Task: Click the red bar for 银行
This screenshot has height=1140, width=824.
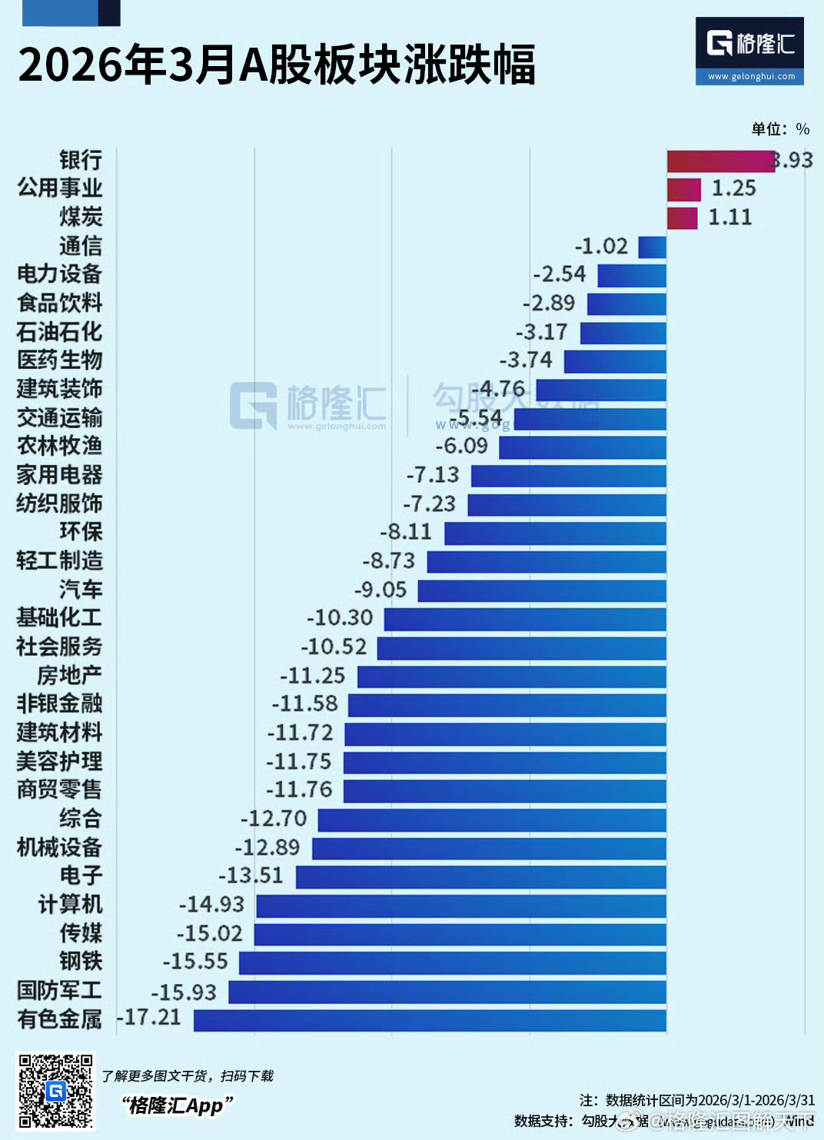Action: click(x=720, y=161)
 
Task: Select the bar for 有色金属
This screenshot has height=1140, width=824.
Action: click(x=430, y=1020)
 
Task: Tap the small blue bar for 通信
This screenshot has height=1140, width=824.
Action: click(x=653, y=247)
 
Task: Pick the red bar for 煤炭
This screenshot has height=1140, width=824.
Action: click(x=682, y=218)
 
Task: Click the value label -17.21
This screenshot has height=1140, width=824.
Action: click(x=149, y=1017)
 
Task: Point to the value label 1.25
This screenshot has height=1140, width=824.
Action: click(x=733, y=188)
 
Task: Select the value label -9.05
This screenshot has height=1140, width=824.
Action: click(x=380, y=590)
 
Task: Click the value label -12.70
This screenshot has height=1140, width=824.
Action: click(x=274, y=819)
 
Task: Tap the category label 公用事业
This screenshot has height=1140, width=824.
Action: click(x=60, y=188)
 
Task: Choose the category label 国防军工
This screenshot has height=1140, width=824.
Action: click(x=59, y=990)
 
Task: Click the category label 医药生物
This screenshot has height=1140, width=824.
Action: click(x=60, y=360)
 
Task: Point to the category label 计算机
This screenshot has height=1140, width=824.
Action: click(x=70, y=904)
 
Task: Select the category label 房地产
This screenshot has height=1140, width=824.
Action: click(x=70, y=676)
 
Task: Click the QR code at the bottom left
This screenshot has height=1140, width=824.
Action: click(x=56, y=1090)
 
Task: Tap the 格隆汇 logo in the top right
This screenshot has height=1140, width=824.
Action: click(x=749, y=51)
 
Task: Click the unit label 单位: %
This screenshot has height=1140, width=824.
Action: click(x=780, y=129)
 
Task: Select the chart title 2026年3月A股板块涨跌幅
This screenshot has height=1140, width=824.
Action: click(x=277, y=65)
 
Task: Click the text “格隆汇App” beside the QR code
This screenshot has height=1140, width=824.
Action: click(x=177, y=1105)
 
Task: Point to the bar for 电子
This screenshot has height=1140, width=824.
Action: click(x=480, y=877)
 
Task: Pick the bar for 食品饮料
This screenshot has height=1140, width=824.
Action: click(x=626, y=304)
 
